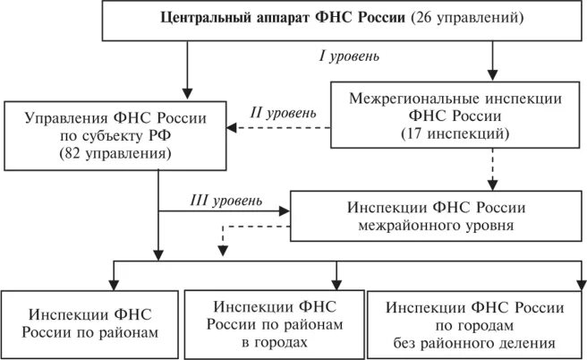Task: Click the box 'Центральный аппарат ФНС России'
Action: pos(344,20)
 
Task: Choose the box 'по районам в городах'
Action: pos(273,320)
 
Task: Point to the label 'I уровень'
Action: pos(349,57)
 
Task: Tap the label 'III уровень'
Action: pos(225,198)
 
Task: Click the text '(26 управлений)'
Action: pos(468,19)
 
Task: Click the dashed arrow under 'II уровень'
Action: pos(277,128)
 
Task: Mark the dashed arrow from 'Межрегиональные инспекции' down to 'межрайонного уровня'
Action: pos(492,168)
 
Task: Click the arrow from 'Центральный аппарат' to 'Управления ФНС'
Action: pos(186,70)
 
